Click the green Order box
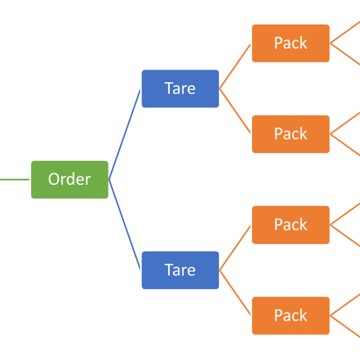click(70, 179)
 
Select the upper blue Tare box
click(180, 89)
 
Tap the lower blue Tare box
click(180, 270)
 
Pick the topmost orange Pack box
click(290, 43)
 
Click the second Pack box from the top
click(290, 134)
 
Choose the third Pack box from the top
click(290, 224)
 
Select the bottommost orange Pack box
click(290, 315)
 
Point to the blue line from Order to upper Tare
click(125, 134)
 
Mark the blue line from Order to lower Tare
click(125, 224)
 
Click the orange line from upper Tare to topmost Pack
click(235, 66)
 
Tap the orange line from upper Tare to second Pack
click(235, 112)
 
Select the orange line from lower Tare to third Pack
click(235, 247)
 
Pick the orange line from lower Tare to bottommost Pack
click(235, 293)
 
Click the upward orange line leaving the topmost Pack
click(346, 32)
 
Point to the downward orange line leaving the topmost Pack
click(346, 53)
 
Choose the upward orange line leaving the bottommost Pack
click(346, 305)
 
